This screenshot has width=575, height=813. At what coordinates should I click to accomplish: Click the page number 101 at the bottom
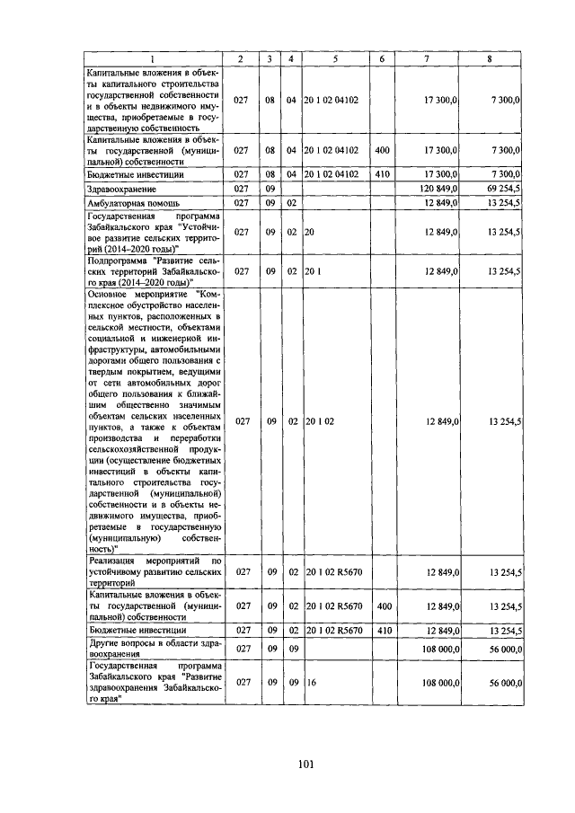pos(305,764)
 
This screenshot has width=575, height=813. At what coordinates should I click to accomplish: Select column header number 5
pos(333,58)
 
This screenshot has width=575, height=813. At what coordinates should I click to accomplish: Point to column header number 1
pos(152,58)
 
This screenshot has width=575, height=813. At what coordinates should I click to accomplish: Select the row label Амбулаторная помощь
pos(127,204)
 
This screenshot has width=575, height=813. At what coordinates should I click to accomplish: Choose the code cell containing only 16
pos(310,683)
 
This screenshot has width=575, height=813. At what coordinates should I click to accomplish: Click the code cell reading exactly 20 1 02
pos(319,420)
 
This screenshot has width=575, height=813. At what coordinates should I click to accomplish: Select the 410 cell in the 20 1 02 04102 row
pos(382,173)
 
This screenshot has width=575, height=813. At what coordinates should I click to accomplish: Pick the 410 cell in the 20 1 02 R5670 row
pos(382,631)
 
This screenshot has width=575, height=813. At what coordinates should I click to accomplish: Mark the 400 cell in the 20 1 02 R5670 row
pos(382,606)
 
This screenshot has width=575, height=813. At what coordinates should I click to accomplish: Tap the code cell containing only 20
pos(310,232)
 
